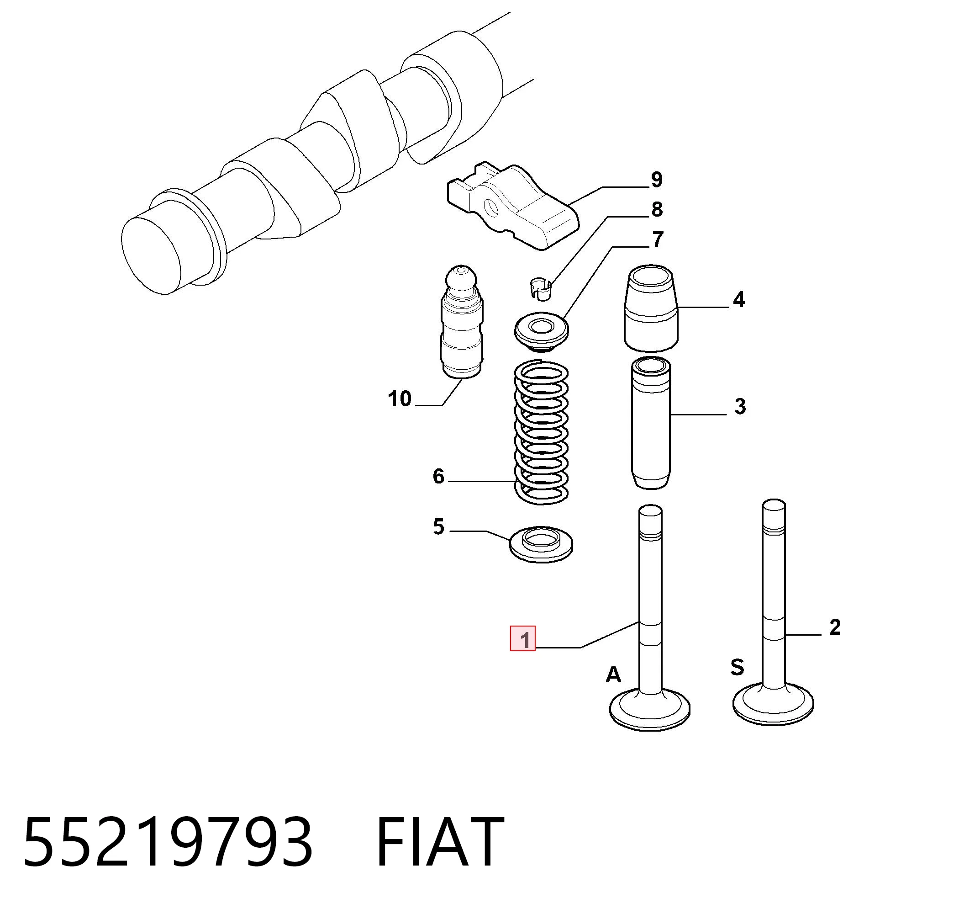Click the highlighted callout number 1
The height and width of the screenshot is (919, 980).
[x=523, y=639]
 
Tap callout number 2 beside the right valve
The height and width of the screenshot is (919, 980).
[x=835, y=627]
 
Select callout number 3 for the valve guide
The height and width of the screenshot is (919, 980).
[x=740, y=406]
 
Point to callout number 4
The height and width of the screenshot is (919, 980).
[x=738, y=299]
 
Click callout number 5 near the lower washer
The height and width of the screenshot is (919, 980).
[x=438, y=527]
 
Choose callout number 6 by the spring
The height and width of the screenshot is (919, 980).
[x=438, y=476]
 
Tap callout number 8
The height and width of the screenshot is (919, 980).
[x=657, y=209]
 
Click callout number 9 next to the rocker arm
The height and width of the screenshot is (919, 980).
[x=657, y=180]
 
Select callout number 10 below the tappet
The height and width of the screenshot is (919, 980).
[x=399, y=398]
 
